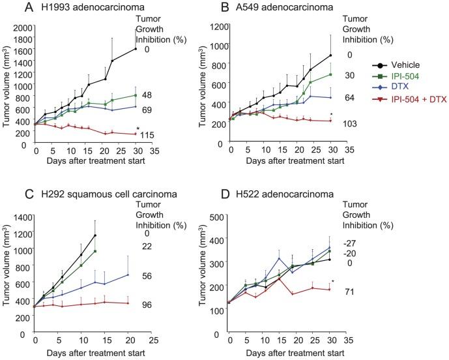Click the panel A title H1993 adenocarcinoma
[x=62, y=8]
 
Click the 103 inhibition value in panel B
[x=343, y=123]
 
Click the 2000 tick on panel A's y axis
[x=23, y=27]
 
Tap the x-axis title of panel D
[x=288, y=353]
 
